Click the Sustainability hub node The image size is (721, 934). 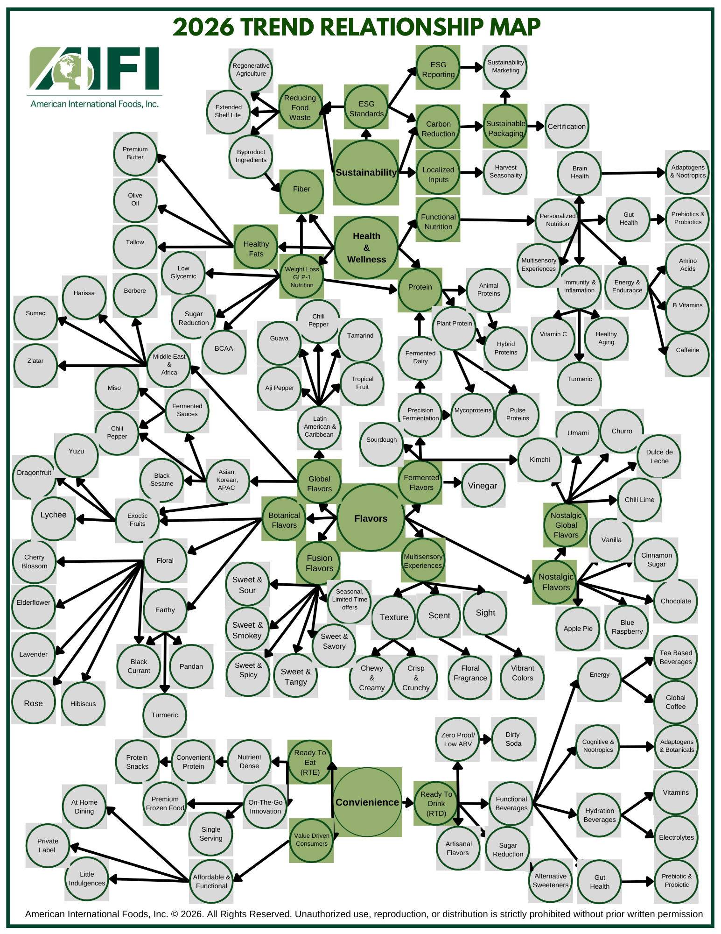coord(366,172)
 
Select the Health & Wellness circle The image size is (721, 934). coord(366,248)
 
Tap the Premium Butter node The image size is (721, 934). coord(135,154)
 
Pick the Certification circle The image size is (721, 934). coord(567,127)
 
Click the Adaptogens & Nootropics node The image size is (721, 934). coord(687,172)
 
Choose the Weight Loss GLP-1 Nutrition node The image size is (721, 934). coord(302,277)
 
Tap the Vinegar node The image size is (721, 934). coord(483,486)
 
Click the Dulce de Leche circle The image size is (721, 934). coord(659,456)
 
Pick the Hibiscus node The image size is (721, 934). coord(83,704)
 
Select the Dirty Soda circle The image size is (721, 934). coord(513,739)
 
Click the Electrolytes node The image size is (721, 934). coord(676,837)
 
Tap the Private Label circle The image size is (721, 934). coord(48,846)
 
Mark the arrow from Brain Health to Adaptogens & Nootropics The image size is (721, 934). coord(633,173)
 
